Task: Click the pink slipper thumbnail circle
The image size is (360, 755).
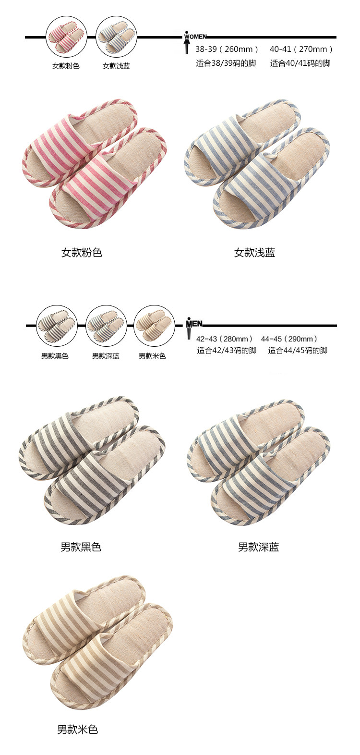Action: tap(66, 37)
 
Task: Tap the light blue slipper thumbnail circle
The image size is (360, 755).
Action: tap(116, 37)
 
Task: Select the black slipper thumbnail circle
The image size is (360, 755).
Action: tap(57, 325)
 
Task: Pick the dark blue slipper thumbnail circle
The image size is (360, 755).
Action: tap(106, 325)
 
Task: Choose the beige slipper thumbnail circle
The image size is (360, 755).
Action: tap(153, 325)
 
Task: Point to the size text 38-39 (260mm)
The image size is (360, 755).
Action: tap(227, 49)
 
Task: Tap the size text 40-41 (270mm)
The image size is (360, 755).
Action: tap(301, 49)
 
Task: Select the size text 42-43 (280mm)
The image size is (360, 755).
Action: tap(225, 339)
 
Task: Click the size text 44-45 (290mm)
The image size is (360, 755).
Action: tap(289, 339)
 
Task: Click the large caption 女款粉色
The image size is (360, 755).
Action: tap(82, 253)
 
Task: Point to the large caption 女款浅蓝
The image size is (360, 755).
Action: tap(254, 253)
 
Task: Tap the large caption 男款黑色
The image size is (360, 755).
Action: tap(81, 547)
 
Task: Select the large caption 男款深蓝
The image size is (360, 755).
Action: tap(258, 547)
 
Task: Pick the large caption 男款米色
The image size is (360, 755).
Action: tap(78, 730)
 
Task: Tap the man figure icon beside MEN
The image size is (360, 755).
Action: tap(189, 331)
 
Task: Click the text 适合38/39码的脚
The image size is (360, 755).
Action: tap(226, 63)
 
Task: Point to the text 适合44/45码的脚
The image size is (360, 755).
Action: tap(298, 351)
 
